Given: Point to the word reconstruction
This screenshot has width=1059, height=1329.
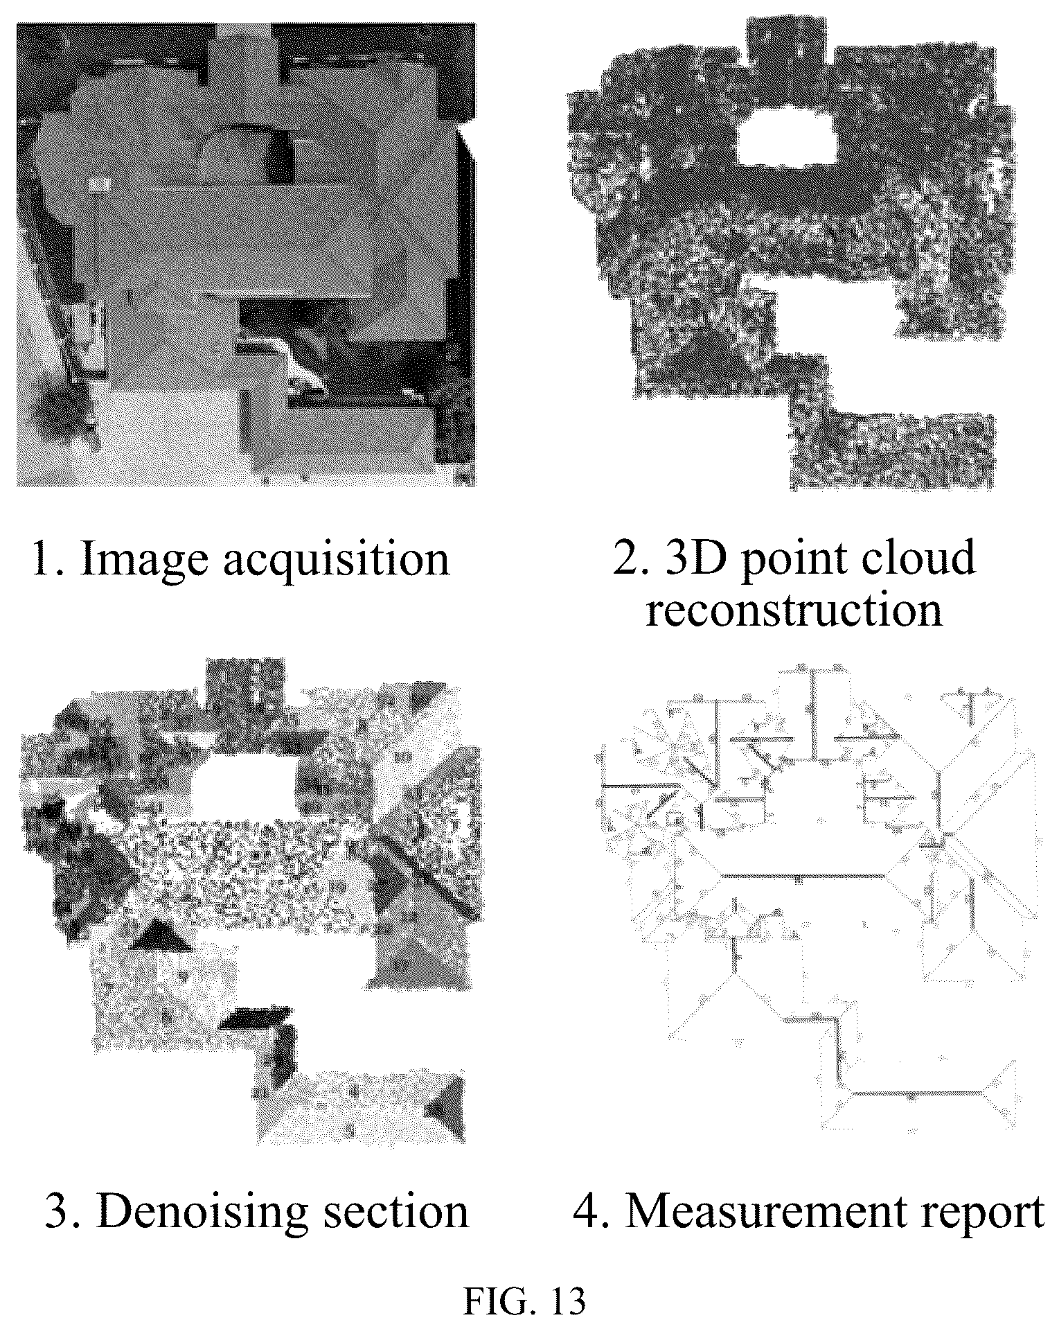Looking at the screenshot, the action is [794, 609].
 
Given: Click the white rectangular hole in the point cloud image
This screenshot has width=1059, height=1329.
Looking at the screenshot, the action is [786, 137].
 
